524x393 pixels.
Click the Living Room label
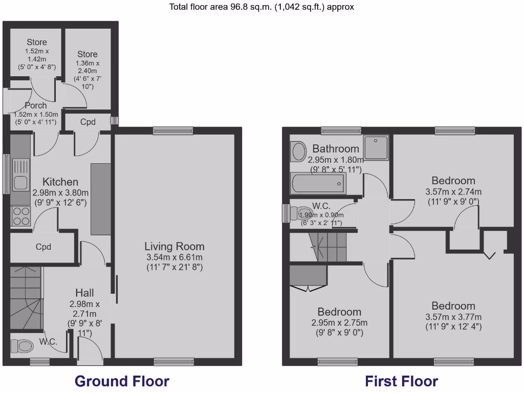click(x=174, y=246)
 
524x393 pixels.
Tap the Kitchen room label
click(x=60, y=182)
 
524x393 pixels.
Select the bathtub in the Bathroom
click(x=318, y=183)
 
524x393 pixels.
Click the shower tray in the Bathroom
click(x=376, y=148)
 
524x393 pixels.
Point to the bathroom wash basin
click(x=297, y=151)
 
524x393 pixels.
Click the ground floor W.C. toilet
click(x=25, y=346)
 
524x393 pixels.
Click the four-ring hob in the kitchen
click(x=20, y=216)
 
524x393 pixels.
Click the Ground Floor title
click(x=122, y=381)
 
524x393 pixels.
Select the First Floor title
click(x=401, y=381)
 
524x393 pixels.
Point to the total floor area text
click(x=261, y=7)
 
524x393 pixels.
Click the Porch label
click(x=36, y=105)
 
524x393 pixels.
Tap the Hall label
click(x=84, y=293)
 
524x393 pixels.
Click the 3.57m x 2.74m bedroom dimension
click(x=453, y=192)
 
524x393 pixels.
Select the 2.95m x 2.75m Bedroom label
click(x=339, y=312)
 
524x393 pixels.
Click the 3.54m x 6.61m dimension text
click(x=174, y=257)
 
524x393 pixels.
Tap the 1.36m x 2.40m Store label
click(x=88, y=54)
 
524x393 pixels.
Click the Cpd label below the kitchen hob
click(x=43, y=247)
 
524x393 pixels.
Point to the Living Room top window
click(x=173, y=131)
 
